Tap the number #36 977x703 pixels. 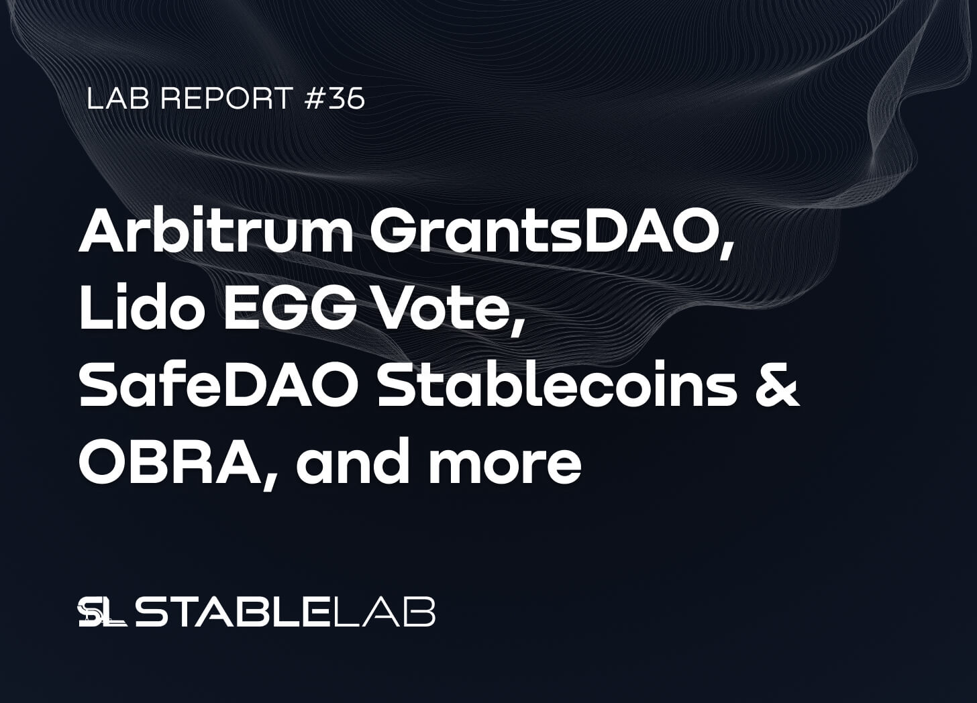(335, 99)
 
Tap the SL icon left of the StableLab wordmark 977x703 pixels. (101, 612)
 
